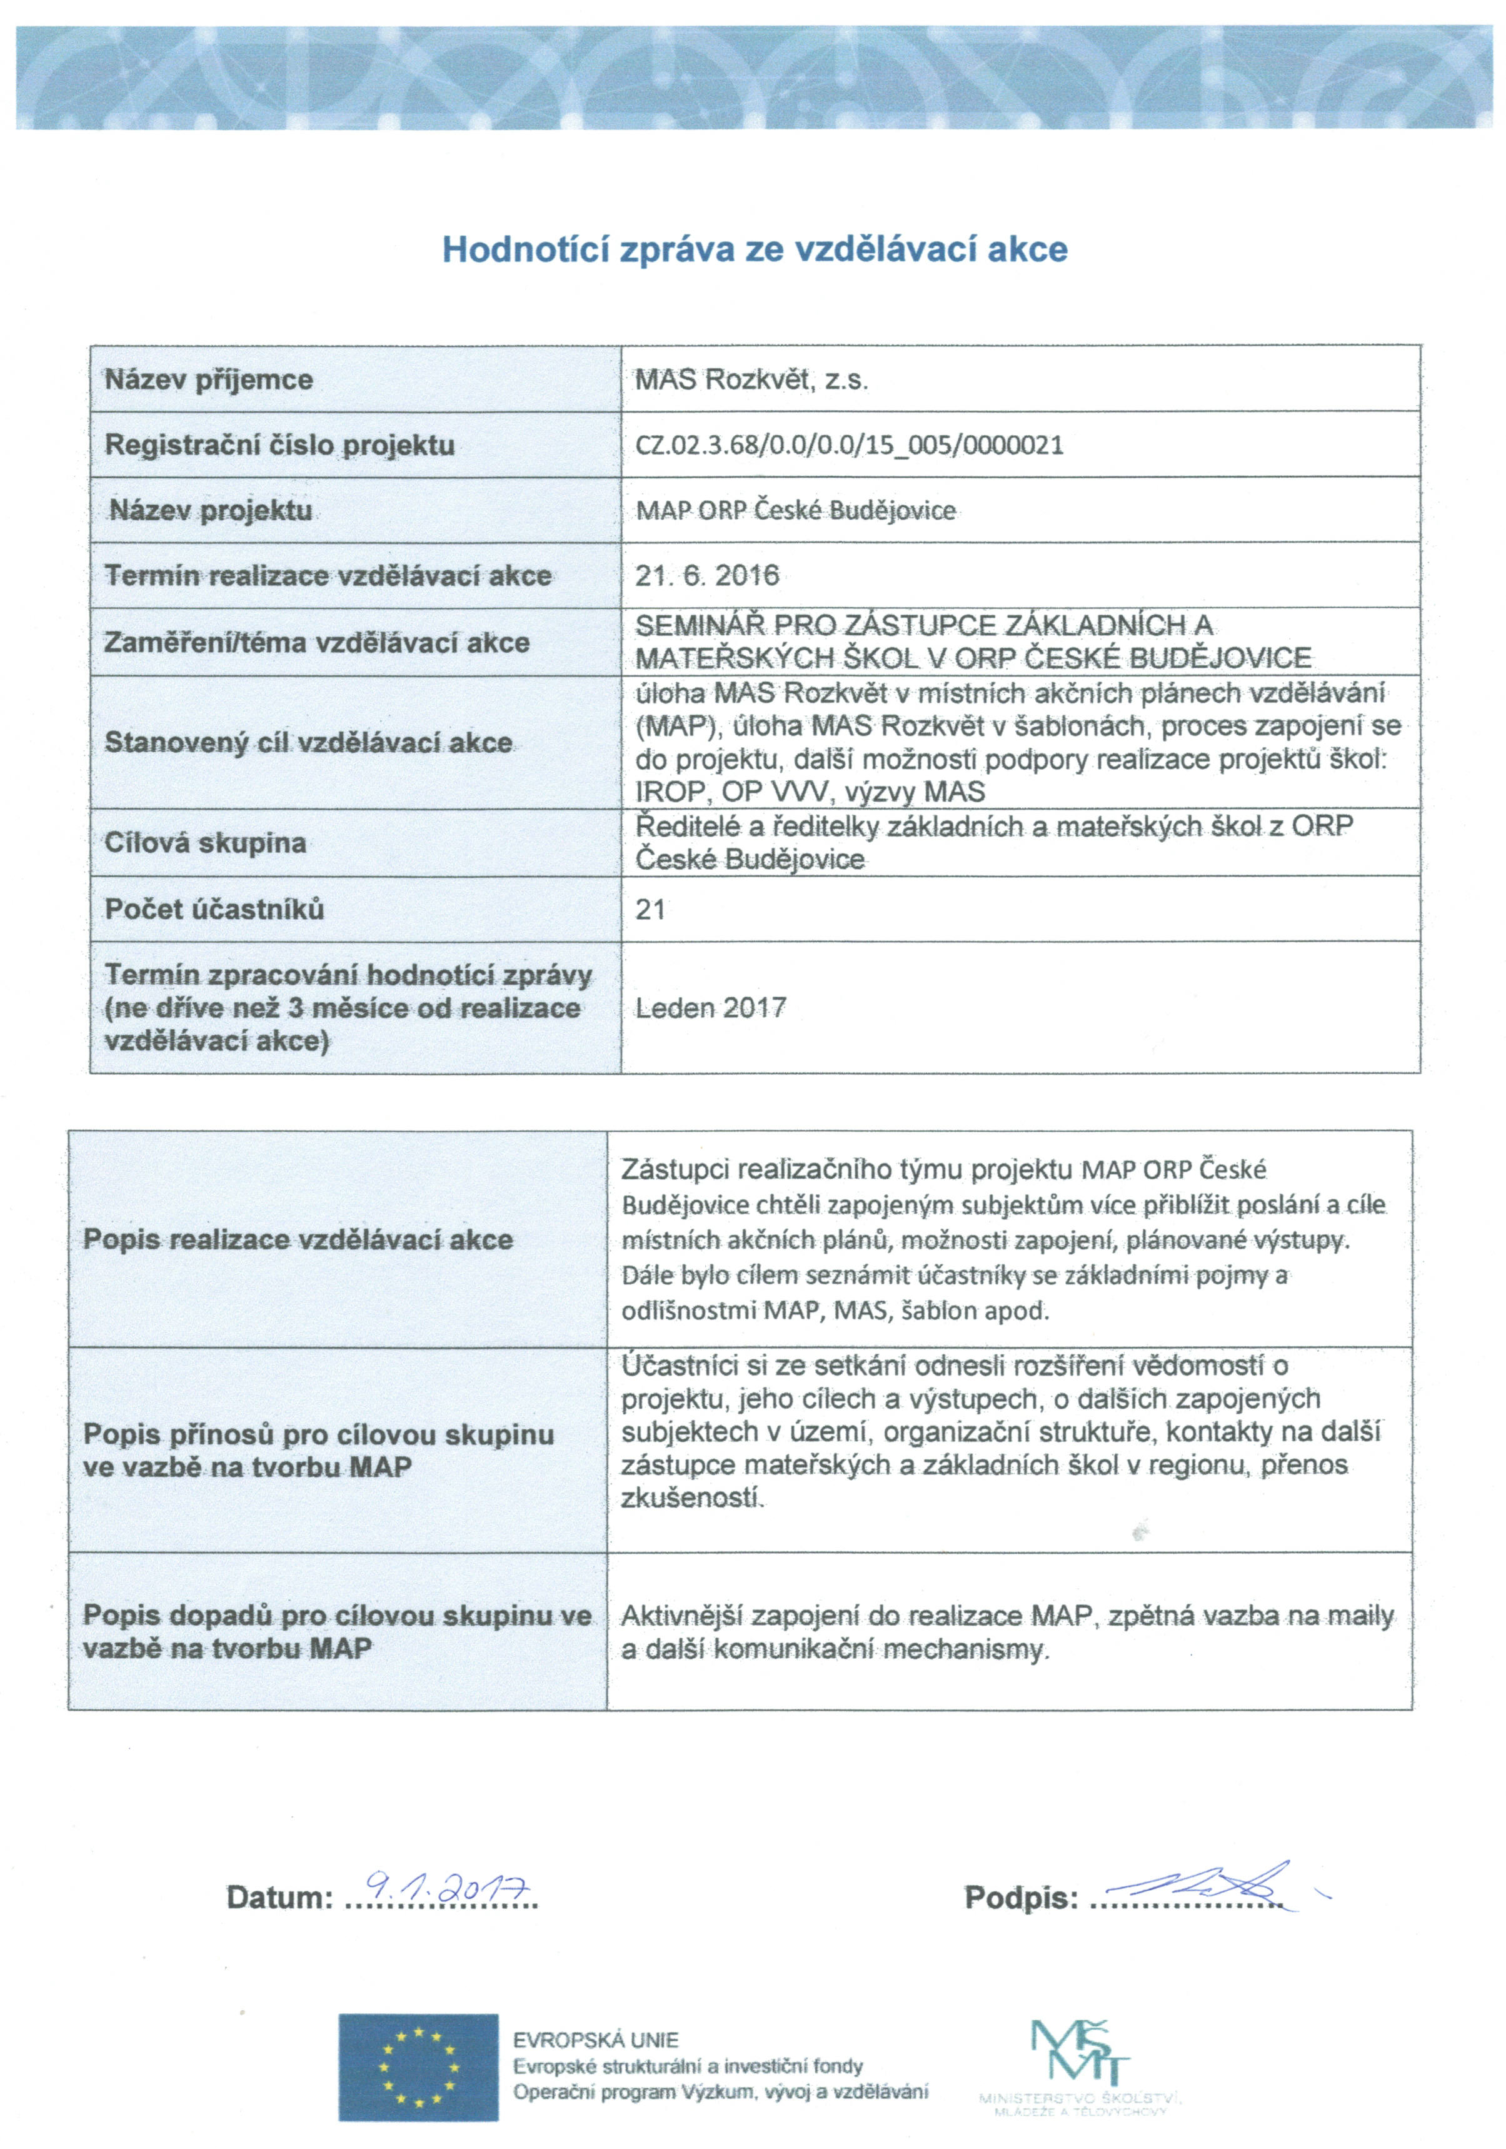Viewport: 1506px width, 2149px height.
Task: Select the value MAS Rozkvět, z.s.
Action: click(x=751, y=380)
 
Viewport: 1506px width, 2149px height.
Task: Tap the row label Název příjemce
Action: click(x=209, y=380)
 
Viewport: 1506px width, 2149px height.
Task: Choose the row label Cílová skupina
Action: click(x=205, y=842)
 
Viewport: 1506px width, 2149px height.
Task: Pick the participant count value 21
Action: click(x=651, y=909)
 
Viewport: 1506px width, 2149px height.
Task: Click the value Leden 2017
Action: click(x=710, y=1008)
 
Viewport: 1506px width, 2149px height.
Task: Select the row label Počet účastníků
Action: click(x=214, y=909)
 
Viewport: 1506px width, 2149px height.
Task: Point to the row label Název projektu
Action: click(x=211, y=510)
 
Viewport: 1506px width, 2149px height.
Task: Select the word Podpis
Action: click(x=1021, y=1898)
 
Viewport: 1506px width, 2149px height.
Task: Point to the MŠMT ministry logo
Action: click(x=1080, y=2064)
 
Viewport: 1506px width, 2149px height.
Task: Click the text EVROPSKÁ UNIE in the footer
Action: click(x=595, y=2040)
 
